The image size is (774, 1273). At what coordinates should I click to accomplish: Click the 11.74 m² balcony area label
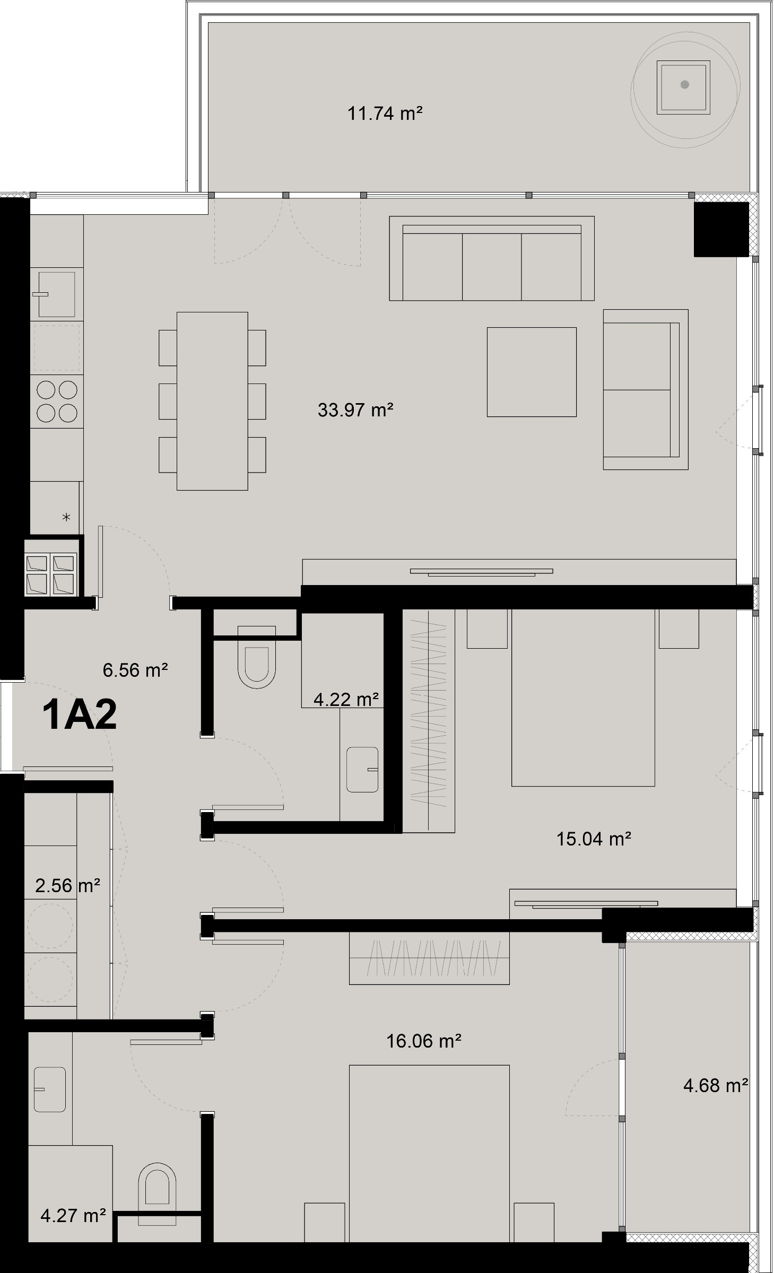[x=385, y=114]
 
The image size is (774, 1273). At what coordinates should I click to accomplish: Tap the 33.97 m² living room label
[x=355, y=410]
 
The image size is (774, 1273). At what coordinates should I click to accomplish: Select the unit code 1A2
[x=80, y=715]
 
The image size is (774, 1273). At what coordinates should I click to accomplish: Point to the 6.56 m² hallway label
[x=135, y=670]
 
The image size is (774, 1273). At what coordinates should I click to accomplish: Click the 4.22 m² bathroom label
[x=345, y=700]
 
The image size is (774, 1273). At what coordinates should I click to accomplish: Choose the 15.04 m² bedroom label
[x=593, y=839]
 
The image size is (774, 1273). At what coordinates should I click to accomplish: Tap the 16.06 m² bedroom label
[x=423, y=1041]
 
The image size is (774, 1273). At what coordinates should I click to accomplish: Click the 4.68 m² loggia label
[x=715, y=1085]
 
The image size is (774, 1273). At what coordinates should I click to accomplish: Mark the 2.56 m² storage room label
[x=67, y=885]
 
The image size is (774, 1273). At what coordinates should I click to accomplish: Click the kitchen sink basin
[x=56, y=294]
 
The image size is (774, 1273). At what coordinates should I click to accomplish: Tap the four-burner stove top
[x=57, y=401]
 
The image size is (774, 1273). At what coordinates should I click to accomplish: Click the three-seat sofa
[x=491, y=260]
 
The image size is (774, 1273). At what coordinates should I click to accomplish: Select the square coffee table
[x=532, y=372]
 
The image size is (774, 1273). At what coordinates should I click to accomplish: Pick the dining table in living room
[x=212, y=401]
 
